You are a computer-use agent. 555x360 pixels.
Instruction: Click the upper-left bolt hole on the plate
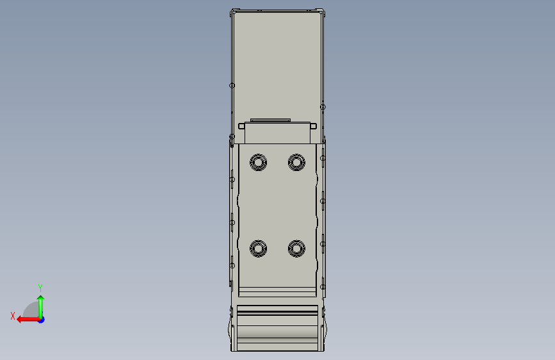click(x=259, y=162)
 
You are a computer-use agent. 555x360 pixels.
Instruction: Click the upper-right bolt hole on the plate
click(x=296, y=162)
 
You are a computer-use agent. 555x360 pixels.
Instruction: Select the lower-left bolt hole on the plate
click(x=259, y=249)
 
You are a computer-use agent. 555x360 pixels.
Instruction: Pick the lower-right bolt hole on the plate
click(x=296, y=249)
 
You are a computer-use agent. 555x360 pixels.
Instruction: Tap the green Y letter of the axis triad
click(x=40, y=288)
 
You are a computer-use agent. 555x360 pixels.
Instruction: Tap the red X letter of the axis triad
click(x=13, y=316)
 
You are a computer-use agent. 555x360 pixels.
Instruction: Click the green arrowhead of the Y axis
click(x=41, y=299)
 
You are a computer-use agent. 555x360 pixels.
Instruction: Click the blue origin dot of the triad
click(x=42, y=320)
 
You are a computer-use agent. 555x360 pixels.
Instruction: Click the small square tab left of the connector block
click(x=241, y=126)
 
